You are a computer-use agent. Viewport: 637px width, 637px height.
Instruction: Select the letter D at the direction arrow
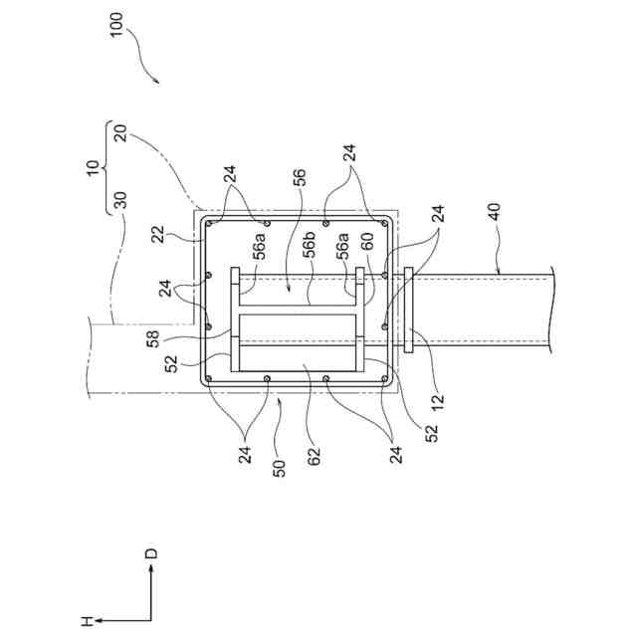coord(151,552)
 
